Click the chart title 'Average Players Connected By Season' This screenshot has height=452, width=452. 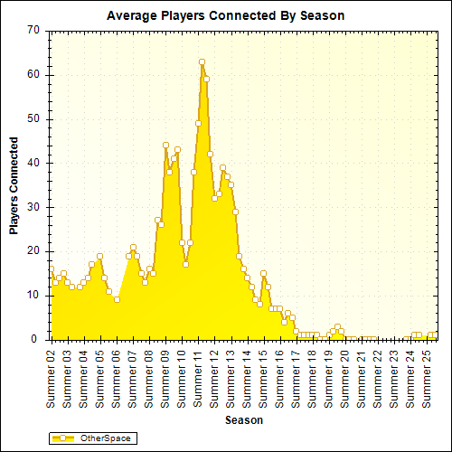(x=225, y=15)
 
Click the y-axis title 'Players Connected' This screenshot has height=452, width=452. (x=14, y=185)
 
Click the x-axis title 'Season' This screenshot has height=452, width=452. (x=244, y=420)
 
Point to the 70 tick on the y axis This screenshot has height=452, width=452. (x=33, y=30)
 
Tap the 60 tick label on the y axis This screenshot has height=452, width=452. (x=33, y=74)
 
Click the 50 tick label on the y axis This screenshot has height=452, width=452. (x=33, y=118)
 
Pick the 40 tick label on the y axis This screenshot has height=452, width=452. (x=33, y=163)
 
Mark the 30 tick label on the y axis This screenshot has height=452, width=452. (x=33, y=207)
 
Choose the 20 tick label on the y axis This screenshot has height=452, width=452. (x=33, y=250)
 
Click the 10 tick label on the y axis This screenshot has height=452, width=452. (x=33, y=295)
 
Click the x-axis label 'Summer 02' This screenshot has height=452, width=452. (x=52, y=376)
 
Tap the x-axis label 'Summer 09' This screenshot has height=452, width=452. (x=165, y=376)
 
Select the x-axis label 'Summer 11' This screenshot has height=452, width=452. (x=198, y=376)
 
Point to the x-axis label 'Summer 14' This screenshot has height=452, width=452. (x=247, y=376)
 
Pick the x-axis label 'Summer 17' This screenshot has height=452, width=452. (x=296, y=376)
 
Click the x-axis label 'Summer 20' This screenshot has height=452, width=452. (x=344, y=376)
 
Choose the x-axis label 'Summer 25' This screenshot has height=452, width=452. (x=426, y=376)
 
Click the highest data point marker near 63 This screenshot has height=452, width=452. (x=202, y=61)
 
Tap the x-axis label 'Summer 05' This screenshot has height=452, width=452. (x=100, y=376)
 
